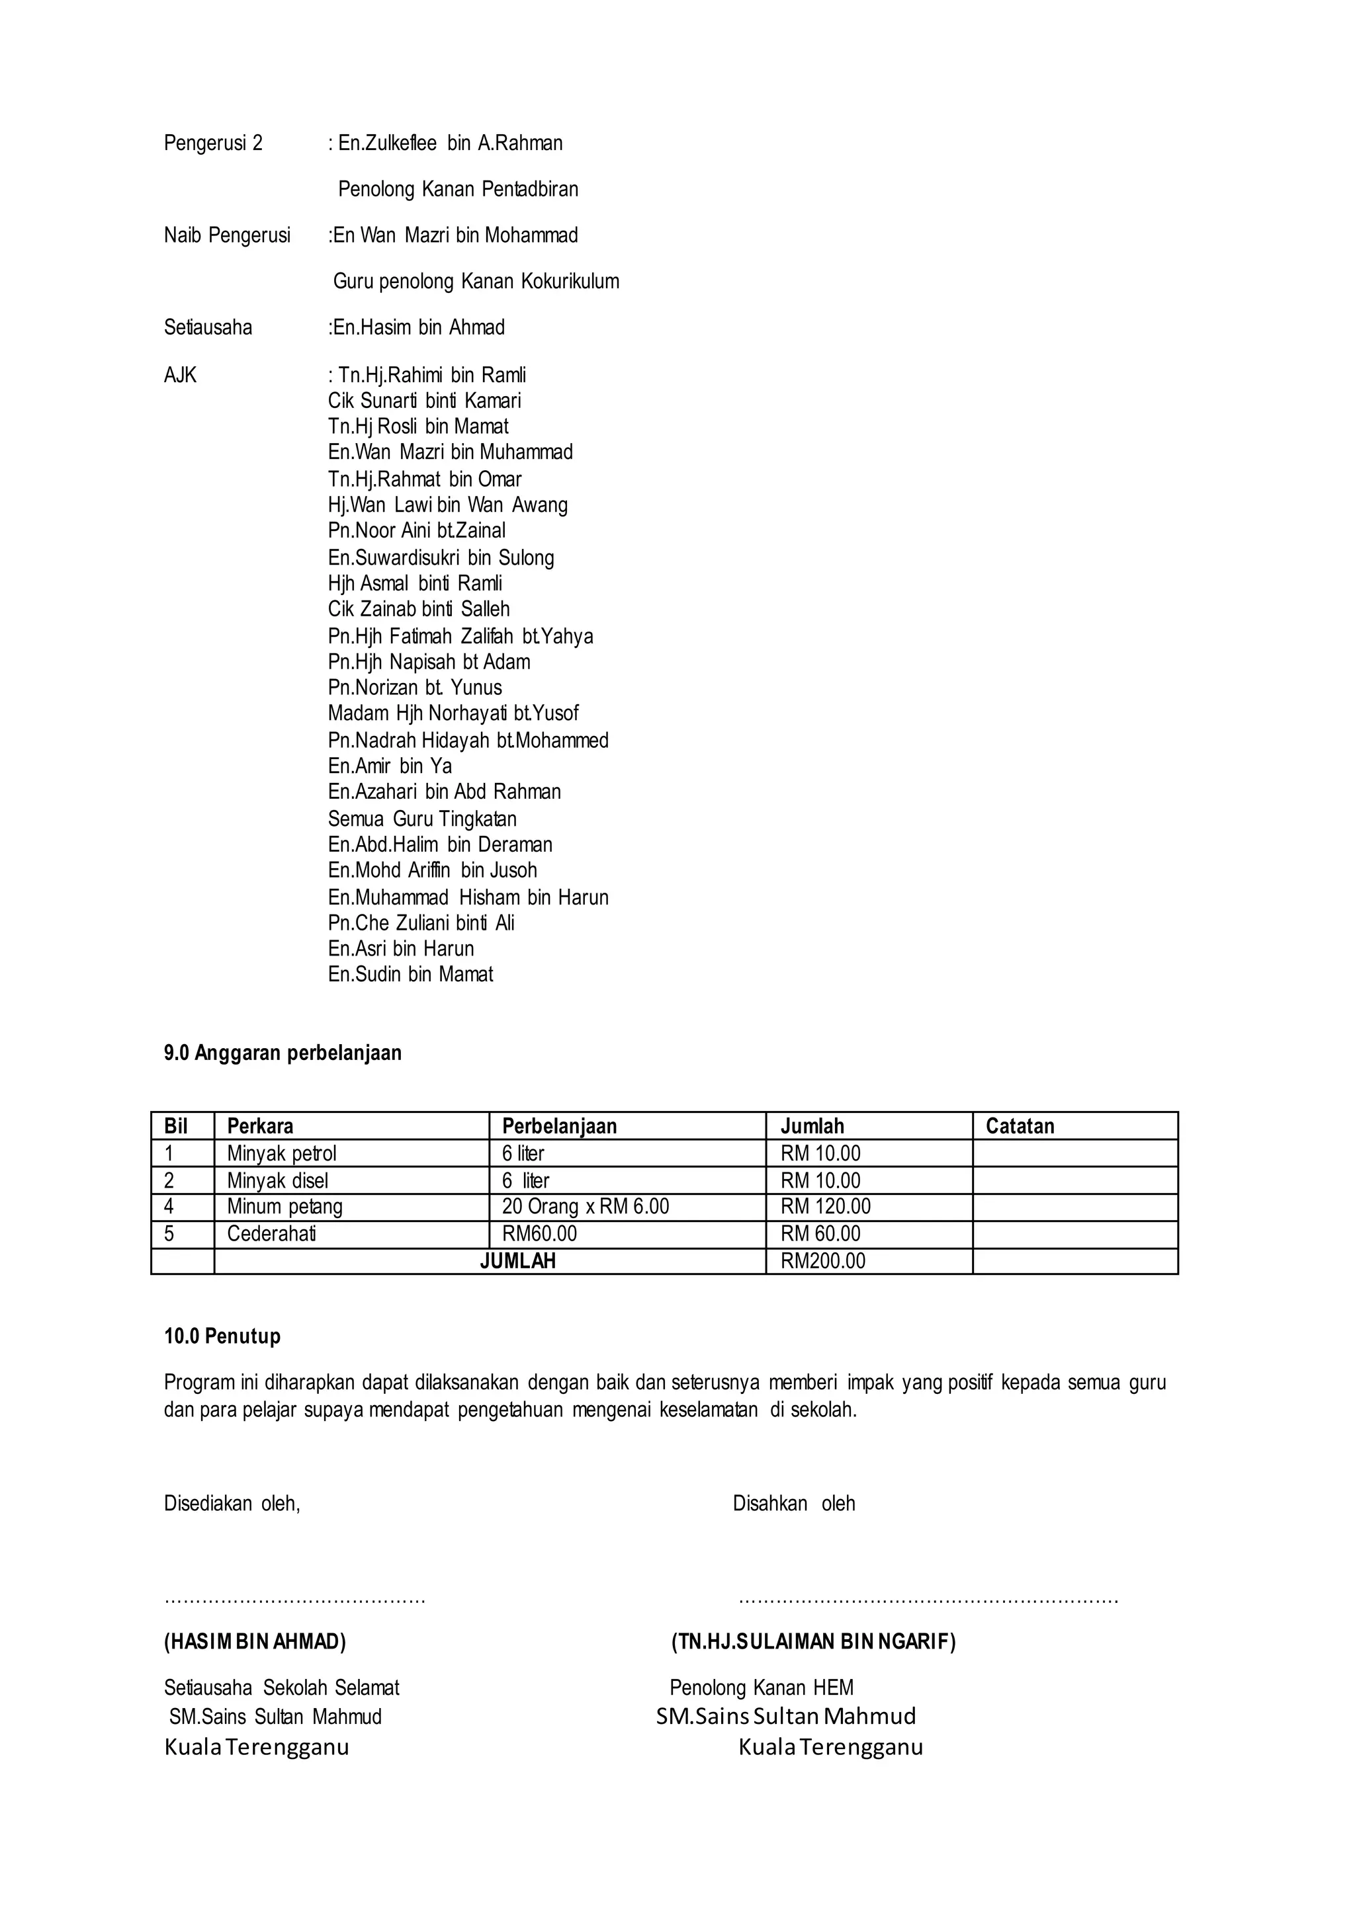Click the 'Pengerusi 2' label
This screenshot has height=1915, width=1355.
pyautogui.click(x=213, y=143)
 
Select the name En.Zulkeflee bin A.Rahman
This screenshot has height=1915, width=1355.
pyautogui.click(x=450, y=143)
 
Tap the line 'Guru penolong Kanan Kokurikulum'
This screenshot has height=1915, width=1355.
pyautogui.click(x=476, y=281)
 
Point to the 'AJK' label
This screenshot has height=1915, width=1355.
pyautogui.click(x=180, y=376)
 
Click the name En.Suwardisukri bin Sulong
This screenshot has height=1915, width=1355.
pyautogui.click(x=441, y=557)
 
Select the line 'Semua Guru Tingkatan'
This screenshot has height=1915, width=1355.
pyautogui.click(x=422, y=818)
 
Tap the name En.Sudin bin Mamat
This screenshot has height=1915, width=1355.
pyautogui.click(x=410, y=974)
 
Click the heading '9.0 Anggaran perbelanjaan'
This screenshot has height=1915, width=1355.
pyautogui.click(x=283, y=1053)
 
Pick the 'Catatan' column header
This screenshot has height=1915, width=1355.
pyautogui.click(x=1020, y=1126)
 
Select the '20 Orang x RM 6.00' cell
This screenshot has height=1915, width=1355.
pyautogui.click(x=585, y=1206)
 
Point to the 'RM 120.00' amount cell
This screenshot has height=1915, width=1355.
pyautogui.click(x=825, y=1206)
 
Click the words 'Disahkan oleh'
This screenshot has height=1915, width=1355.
pyautogui.click(x=793, y=1503)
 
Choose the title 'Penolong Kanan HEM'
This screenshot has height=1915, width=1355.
pyautogui.click(x=761, y=1688)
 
